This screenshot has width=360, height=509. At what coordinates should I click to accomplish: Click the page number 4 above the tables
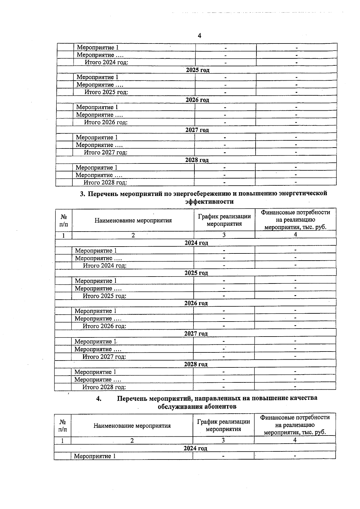click(199, 36)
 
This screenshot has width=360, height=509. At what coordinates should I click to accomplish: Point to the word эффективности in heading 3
click(209, 202)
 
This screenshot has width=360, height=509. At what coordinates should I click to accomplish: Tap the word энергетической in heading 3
click(303, 193)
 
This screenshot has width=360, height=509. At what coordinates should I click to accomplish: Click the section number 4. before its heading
click(99, 398)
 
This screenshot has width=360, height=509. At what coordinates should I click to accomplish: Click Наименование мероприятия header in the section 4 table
click(132, 426)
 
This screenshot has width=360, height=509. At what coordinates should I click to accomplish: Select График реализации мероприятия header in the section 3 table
click(224, 220)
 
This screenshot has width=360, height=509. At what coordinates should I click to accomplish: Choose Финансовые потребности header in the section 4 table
click(295, 417)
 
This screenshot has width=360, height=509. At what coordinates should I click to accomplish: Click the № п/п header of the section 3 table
click(64, 220)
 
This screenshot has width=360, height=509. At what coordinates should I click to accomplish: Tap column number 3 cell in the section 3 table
click(224, 235)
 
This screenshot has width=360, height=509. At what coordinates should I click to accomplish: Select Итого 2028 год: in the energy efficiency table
click(104, 387)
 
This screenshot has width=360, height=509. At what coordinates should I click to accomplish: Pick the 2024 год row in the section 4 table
click(195, 448)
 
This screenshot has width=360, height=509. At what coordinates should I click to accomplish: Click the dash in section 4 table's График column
click(223, 456)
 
